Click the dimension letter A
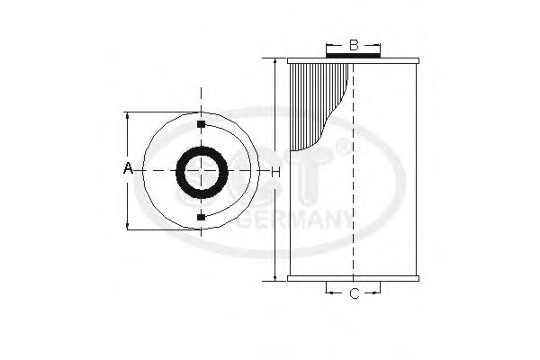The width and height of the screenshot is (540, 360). click(x=128, y=169)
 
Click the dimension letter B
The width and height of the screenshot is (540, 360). click(x=354, y=44)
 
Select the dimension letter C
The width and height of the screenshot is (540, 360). click(x=354, y=293)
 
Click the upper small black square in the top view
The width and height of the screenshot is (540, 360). click(x=200, y=123)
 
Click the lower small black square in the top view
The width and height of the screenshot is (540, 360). click(x=200, y=217)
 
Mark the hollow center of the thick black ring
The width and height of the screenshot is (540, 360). click(x=200, y=170)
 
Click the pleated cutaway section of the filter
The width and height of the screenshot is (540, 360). click(x=319, y=99)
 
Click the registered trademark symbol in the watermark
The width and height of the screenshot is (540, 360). click(x=343, y=144)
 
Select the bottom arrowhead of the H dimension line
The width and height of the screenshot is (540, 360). click(x=273, y=279)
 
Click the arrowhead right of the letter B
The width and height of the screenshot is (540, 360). click(x=376, y=44)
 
